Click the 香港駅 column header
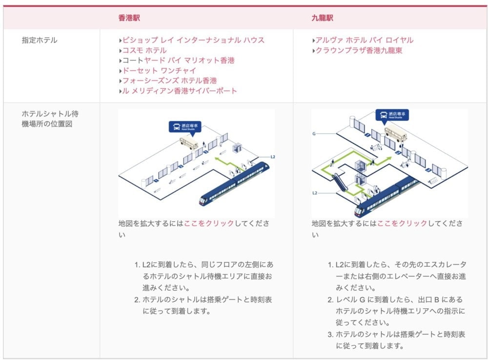[x=129, y=18]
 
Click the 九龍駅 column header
[x=323, y=18]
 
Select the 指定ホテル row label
[x=40, y=40]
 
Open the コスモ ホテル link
[x=144, y=50]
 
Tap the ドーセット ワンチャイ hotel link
[x=160, y=70]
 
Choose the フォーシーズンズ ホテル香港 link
[x=170, y=80]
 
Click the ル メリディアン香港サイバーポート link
[x=180, y=91]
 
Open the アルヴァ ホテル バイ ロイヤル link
[x=365, y=40]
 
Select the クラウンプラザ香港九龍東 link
[x=359, y=50]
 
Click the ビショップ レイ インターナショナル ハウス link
[x=193, y=40]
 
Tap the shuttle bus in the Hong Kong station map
[x=188, y=142]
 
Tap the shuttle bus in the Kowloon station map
[x=396, y=134]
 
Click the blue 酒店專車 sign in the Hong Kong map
[x=185, y=127]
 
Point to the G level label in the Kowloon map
[x=314, y=134]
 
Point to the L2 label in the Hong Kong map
[x=273, y=157]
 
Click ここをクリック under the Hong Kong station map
[x=209, y=223]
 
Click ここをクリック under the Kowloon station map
[x=402, y=223]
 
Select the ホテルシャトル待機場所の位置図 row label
[x=50, y=119]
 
